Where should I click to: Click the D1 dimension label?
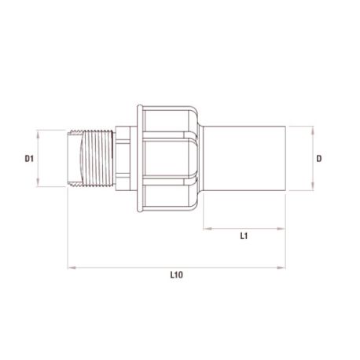click(29, 159)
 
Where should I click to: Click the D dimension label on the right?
click(319, 159)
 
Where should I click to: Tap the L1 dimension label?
click(244, 236)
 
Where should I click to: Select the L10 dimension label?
click(177, 275)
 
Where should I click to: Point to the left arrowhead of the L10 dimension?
click(72, 267)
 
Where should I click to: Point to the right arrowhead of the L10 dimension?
click(281, 267)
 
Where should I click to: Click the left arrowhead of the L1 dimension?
click(208, 229)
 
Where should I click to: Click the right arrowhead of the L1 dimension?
click(281, 229)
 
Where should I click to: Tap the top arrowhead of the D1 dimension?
click(39, 134)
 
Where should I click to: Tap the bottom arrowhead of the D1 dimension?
click(39, 182)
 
